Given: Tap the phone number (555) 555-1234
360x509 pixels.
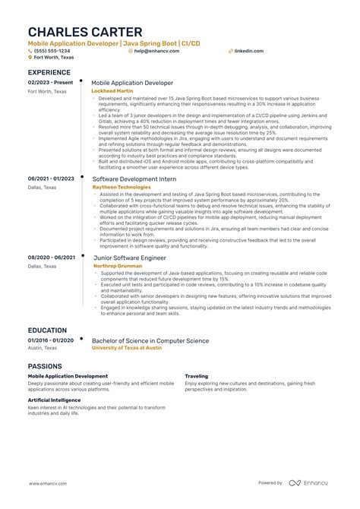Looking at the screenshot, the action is point(50,51).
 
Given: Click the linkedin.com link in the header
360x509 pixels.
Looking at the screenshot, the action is point(249,51).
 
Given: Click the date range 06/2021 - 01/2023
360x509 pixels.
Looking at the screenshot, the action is point(51,178).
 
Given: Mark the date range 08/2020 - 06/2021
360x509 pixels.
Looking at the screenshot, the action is point(51,258).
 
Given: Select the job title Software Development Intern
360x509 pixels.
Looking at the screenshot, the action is point(134,179).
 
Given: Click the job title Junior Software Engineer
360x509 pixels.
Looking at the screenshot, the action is point(128,258).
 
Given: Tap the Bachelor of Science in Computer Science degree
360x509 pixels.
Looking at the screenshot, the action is point(150,341).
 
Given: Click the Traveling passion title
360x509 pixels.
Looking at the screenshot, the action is point(197,376).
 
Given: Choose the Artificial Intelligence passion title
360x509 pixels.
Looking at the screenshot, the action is point(55,400).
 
